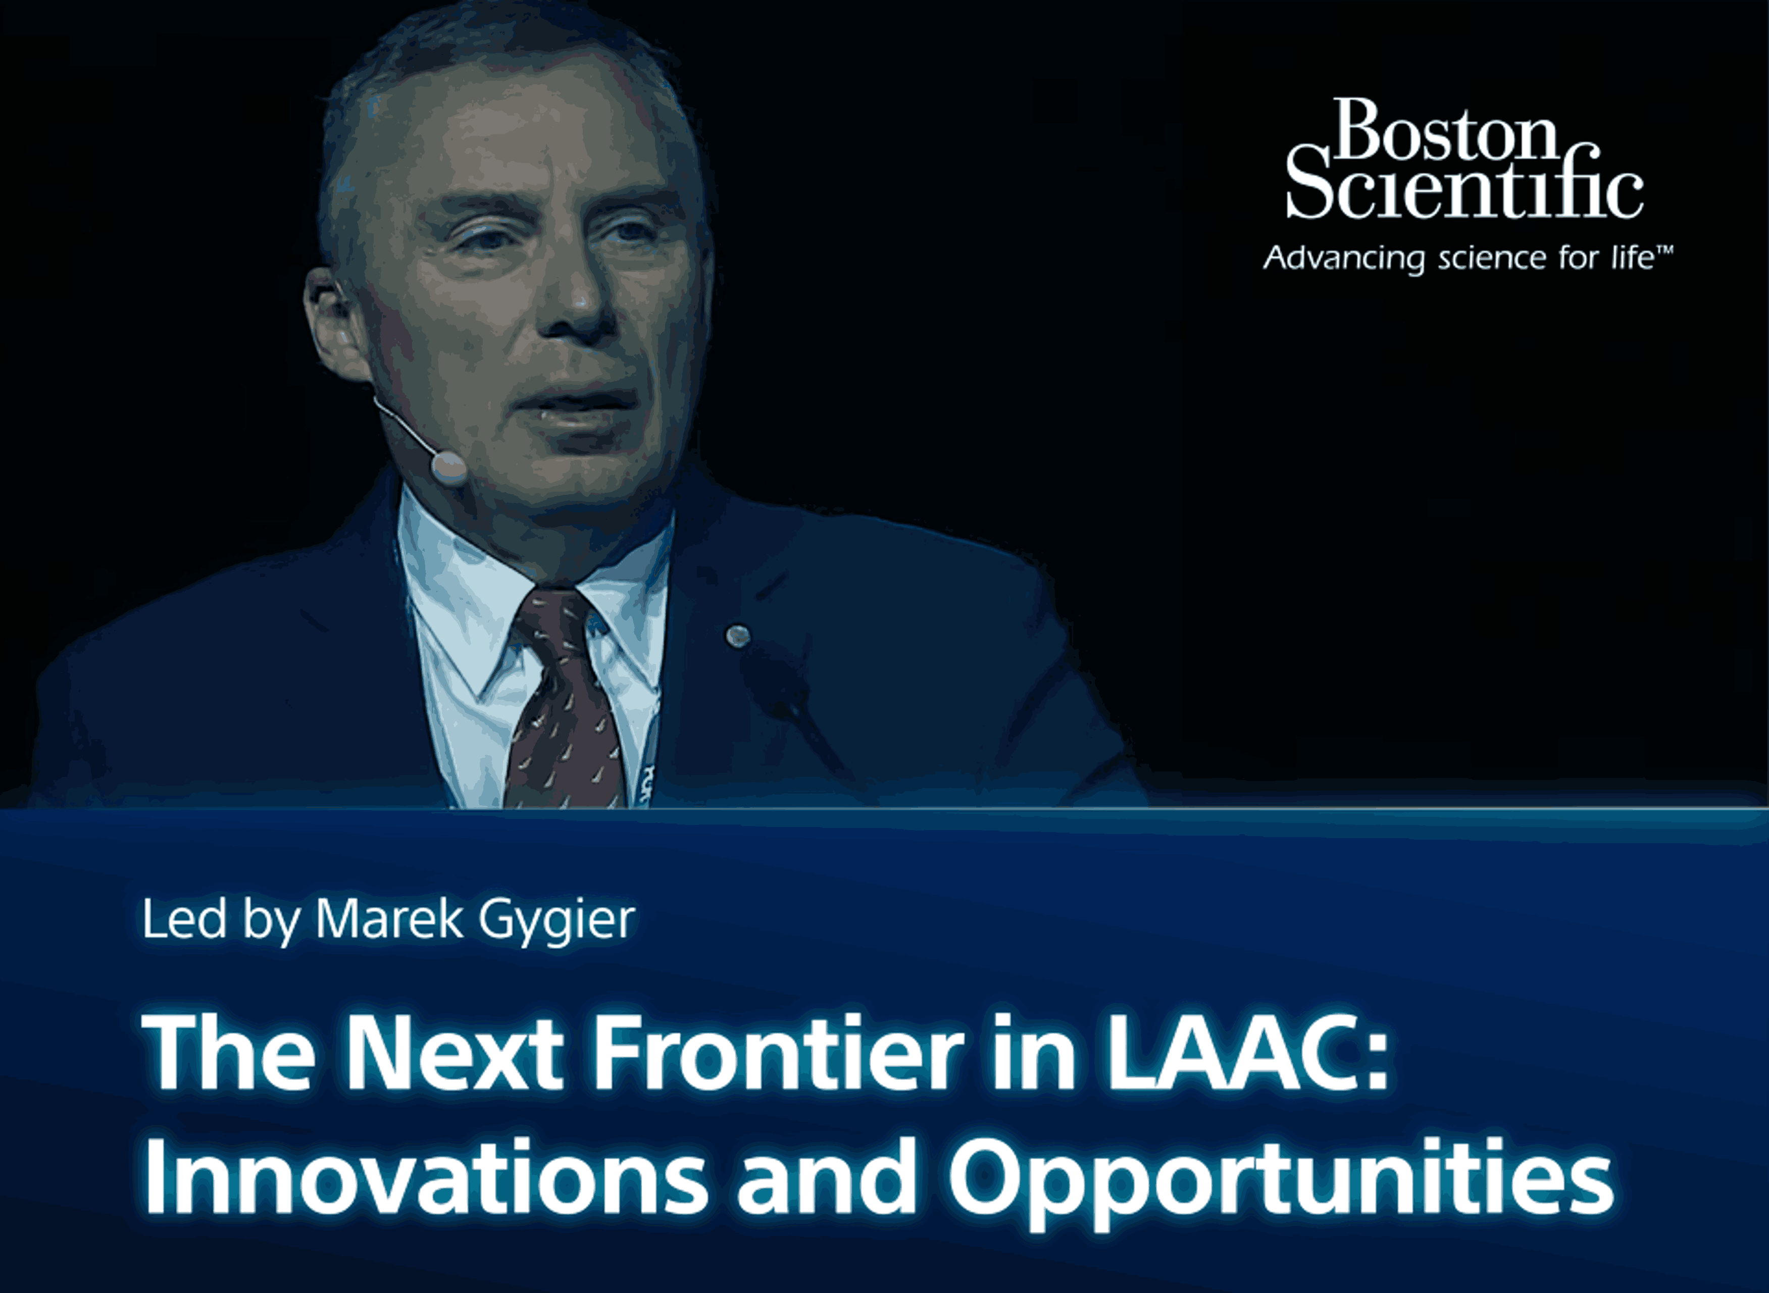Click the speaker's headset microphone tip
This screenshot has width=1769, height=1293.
coord(448,467)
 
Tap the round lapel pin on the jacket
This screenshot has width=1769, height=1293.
coord(737,636)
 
